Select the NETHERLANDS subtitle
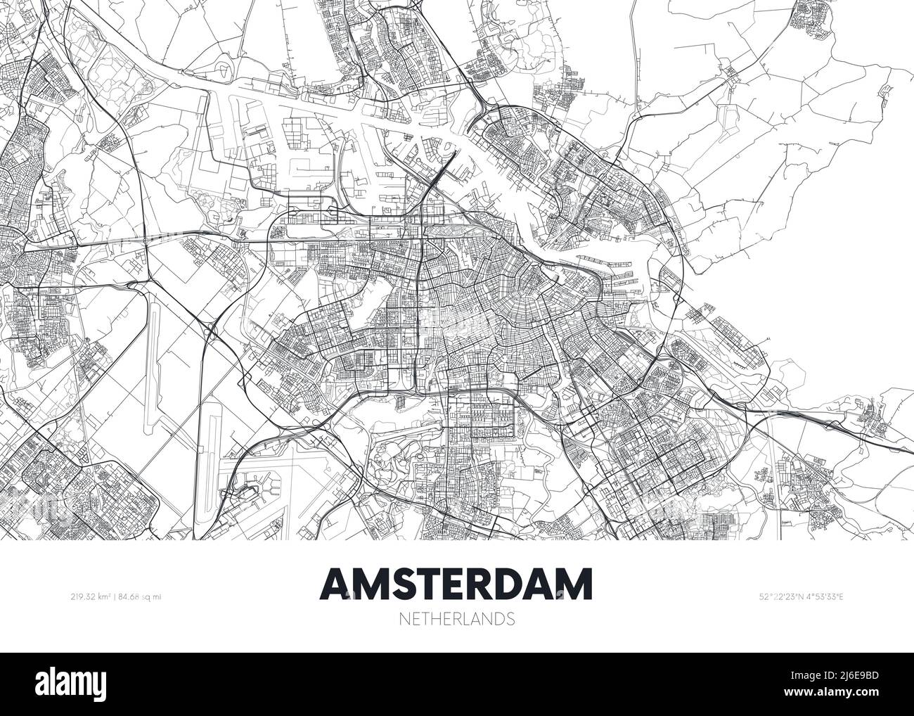click(x=456, y=620)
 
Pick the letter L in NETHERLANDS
click(x=469, y=620)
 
